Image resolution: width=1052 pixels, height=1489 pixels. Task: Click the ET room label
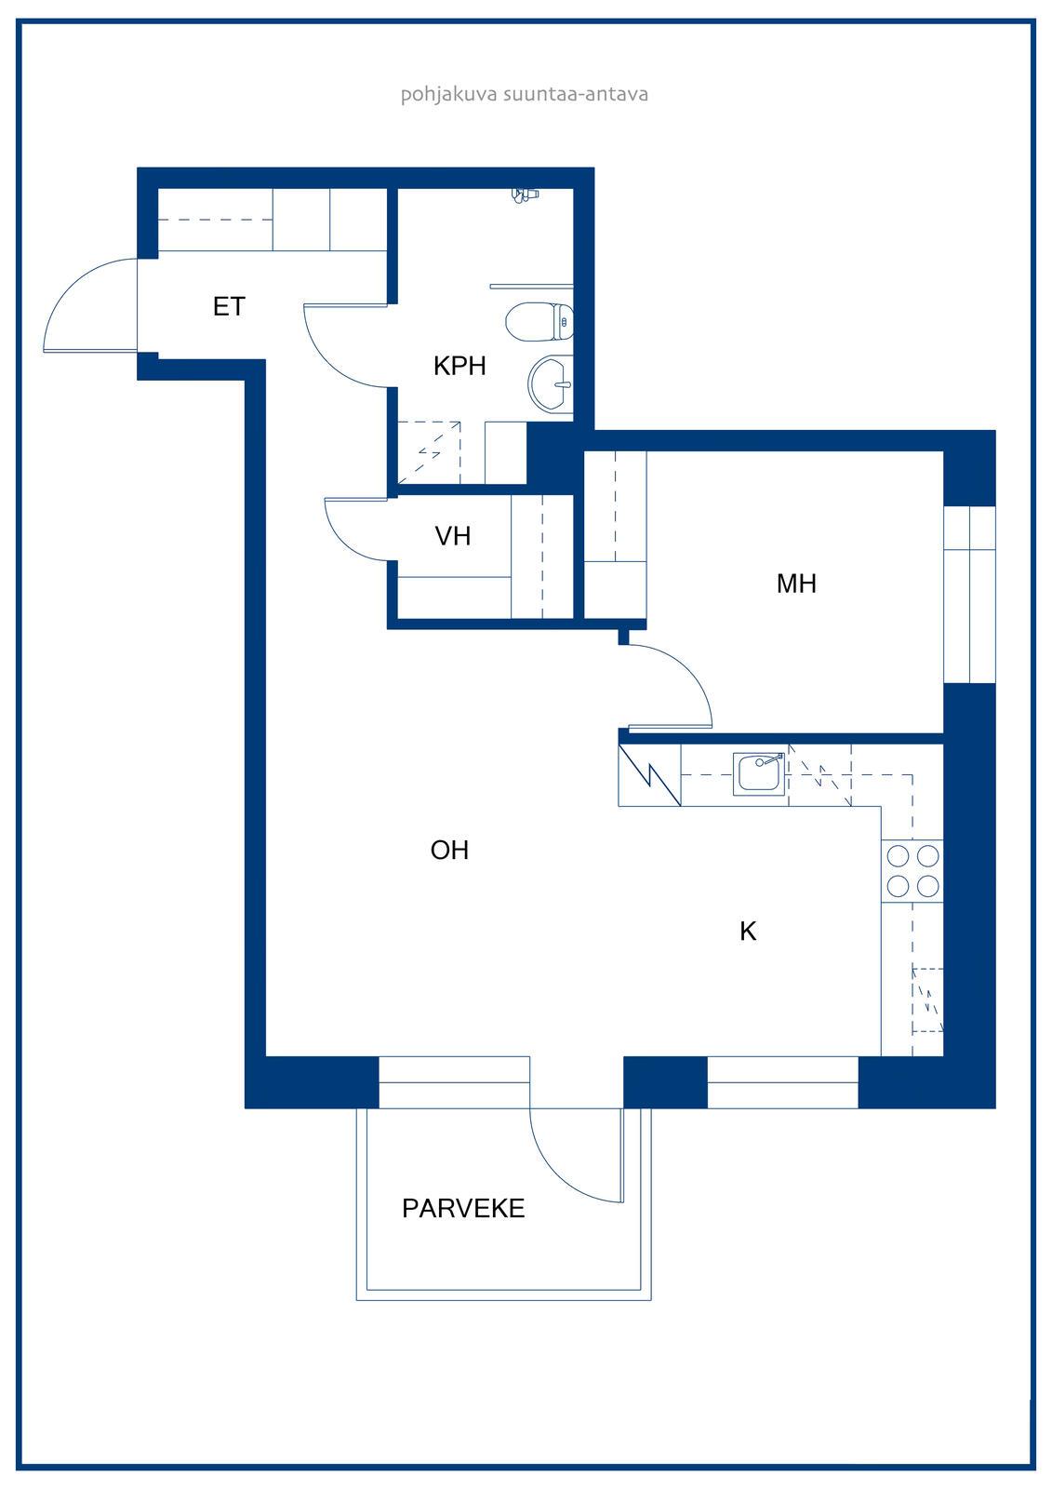coord(229,306)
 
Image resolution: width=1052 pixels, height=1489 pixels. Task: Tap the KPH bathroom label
coord(459,366)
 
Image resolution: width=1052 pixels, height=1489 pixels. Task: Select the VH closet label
coord(453,536)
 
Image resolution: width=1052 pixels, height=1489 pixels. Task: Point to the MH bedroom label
coord(796,584)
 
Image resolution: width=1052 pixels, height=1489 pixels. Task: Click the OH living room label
coord(449,851)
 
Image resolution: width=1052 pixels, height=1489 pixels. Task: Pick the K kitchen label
coord(748,932)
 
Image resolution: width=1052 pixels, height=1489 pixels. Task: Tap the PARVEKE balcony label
coord(463,1209)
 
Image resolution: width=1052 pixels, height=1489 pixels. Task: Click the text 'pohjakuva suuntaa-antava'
coord(525,94)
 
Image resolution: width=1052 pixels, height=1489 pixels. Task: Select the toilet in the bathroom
coord(539,322)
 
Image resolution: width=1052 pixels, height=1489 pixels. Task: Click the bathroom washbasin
coord(551,384)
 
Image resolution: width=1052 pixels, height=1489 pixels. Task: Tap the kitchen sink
coord(760,773)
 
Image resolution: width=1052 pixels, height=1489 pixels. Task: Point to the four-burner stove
coord(912,871)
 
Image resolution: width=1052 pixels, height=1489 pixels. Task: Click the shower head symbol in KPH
coord(525,195)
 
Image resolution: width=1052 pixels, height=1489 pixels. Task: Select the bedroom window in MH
coord(969,595)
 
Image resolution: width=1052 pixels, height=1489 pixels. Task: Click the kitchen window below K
coord(783,1083)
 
